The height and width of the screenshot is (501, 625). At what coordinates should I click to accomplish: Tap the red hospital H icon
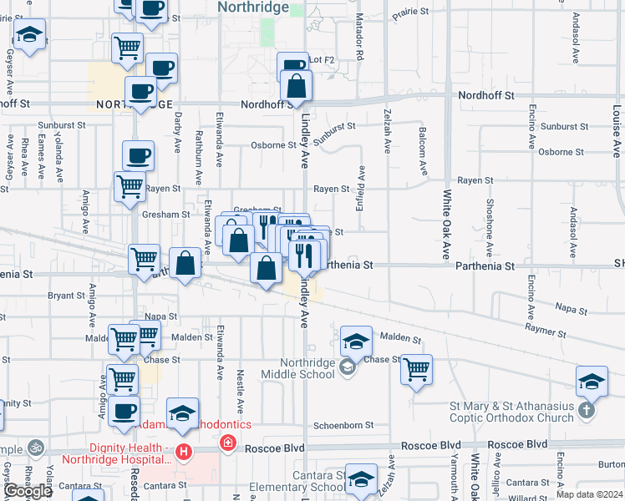click(184, 453)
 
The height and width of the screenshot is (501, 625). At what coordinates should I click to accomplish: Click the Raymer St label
click(546, 331)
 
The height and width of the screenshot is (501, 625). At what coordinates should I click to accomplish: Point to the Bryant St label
click(66, 296)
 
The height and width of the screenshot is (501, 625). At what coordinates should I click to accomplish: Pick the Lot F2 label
click(322, 60)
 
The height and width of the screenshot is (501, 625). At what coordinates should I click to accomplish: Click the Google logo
click(28, 491)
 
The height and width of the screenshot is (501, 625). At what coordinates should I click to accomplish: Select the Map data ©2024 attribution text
click(590, 494)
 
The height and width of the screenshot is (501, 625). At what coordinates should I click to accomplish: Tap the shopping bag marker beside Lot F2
click(297, 87)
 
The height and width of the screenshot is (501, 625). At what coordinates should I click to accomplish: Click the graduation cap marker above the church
click(592, 381)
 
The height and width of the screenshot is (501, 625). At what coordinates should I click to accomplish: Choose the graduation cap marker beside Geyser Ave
click(30, 36)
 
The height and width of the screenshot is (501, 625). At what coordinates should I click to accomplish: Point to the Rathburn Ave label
click(199, 156)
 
